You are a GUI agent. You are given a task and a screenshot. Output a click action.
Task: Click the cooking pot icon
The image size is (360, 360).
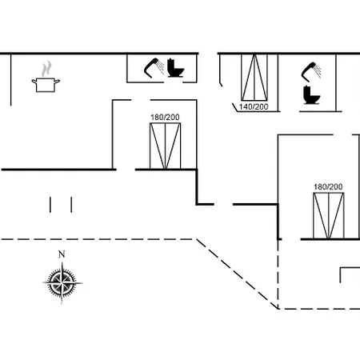[x=46, y=85]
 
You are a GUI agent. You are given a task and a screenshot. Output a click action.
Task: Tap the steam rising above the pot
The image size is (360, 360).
[x=46, y=69]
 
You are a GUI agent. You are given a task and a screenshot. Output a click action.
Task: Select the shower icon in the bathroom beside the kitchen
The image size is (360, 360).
[x=154, y=68]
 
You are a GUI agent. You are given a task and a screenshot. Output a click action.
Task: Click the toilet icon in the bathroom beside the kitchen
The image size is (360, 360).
[x=175, y=68]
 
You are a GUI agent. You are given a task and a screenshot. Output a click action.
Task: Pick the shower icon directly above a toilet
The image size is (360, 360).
[x=311, y=71]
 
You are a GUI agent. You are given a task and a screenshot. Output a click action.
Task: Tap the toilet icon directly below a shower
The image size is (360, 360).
[x=312, y=94]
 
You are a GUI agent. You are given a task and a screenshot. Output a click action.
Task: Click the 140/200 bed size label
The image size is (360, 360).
[x=254, y=107]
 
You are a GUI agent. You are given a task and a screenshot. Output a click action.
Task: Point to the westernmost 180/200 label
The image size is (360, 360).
[x=165, y=118]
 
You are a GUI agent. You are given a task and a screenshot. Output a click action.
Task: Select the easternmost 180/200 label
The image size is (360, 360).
[x=328, y=187]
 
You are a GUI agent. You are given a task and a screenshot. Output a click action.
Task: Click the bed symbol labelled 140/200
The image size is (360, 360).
[x=254, y=78]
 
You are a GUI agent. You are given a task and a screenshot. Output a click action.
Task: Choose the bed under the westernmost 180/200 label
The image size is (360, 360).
[x=165, y=146]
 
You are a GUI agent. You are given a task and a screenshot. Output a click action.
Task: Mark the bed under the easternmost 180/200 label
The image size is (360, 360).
[x=329, y=215]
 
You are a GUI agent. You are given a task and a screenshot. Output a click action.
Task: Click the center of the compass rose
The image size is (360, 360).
[x=62, y=282]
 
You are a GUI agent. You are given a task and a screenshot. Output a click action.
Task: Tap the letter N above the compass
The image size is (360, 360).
[x=62, y=254]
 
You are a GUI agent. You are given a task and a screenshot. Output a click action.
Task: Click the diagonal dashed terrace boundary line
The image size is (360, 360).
[x=237, y=274]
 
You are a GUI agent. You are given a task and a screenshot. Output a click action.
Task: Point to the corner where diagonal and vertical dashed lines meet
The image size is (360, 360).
[x=278, y=309]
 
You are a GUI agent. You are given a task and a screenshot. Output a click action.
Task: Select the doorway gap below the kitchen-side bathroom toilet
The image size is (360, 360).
[x=173, y=82]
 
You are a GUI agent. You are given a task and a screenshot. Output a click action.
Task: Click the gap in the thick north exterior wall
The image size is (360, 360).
[x=208, y=54]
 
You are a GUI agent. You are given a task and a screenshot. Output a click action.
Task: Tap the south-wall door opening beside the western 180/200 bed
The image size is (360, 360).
[x=126, y=170]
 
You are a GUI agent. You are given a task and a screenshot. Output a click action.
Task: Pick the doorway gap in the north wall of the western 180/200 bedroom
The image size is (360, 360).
[x=141, y=100]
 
